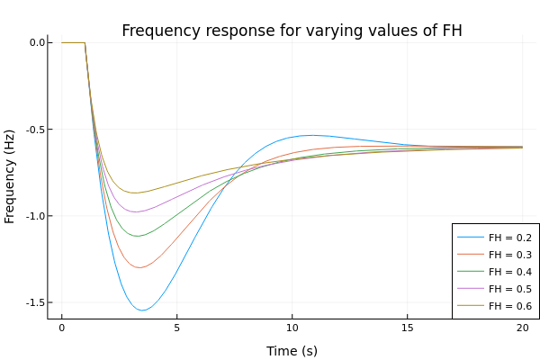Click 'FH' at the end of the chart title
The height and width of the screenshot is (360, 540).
[452, 31]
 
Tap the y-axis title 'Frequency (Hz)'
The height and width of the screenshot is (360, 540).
[11, 175]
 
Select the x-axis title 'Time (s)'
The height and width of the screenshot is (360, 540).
[292, 351]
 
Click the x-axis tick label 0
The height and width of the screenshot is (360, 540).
[61, 329]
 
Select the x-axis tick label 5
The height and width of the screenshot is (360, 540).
[176, 329]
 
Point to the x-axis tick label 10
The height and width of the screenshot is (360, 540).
[292, 329]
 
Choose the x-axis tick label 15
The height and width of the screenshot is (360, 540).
[407, 329]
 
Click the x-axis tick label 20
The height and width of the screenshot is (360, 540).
[522, 329]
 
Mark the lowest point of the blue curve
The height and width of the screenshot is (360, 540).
[142, 310]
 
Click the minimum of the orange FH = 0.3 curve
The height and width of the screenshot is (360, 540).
[140, 267]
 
